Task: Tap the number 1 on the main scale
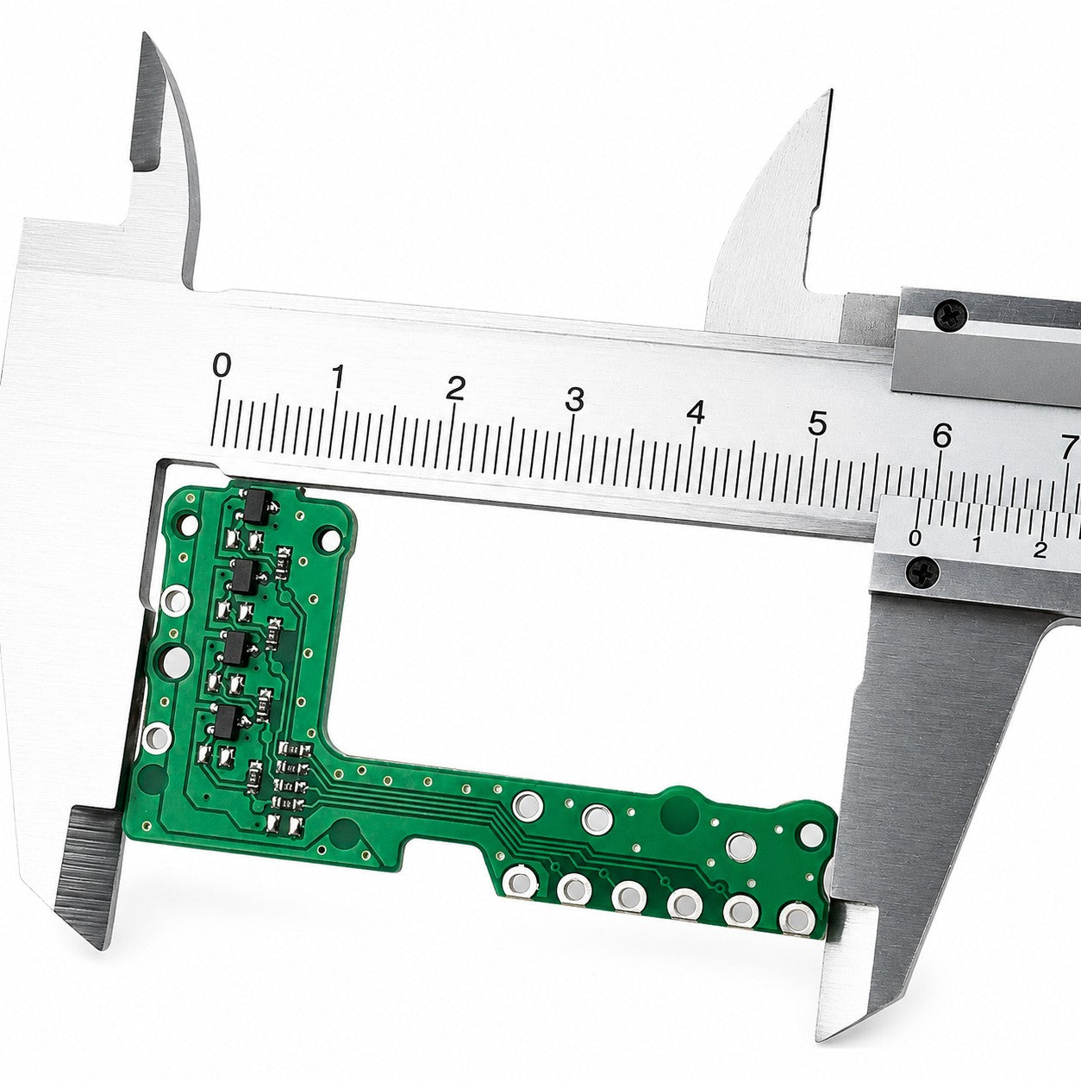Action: tap(338, 377)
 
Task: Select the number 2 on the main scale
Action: tap(455, 388)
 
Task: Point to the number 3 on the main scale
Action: tap(574, 399)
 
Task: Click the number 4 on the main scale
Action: tap(696, 412)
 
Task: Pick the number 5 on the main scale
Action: tap(817, 423)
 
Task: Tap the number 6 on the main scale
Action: tap(942, 435)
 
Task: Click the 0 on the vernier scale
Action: tap(915, 539)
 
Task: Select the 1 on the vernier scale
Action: tap(977, 544)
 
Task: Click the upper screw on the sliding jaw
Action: tap(951, 315)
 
